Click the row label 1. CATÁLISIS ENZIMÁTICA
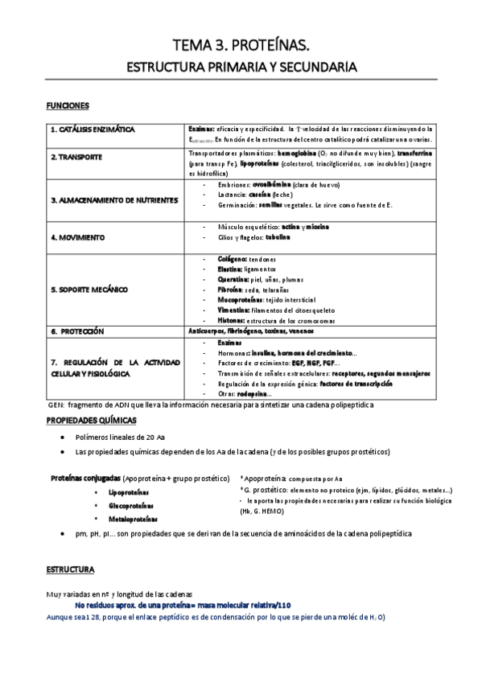coord(92,129)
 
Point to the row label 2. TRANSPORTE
coord(76,157)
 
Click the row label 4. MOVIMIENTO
coord(78,238)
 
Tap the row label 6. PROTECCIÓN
coord(77,331)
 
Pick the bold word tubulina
coord(276,237)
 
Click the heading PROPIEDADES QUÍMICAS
coord(90,421)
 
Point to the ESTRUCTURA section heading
coord(70,569)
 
